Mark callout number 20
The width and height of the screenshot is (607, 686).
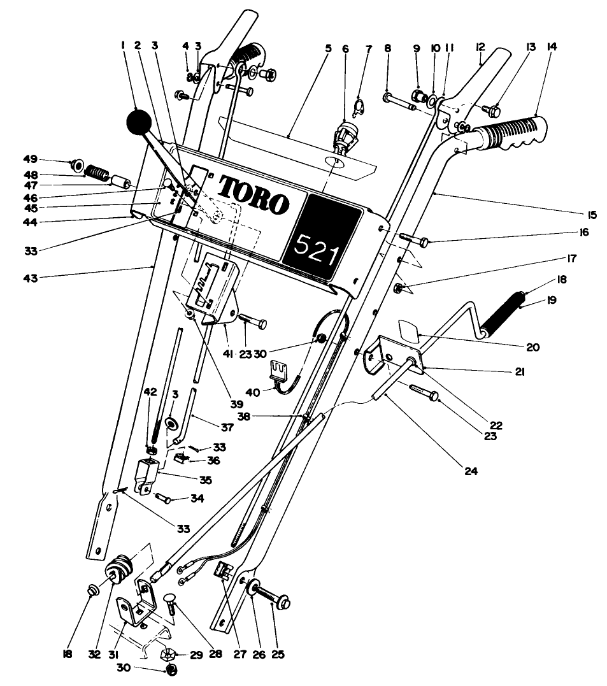coord(532,347)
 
